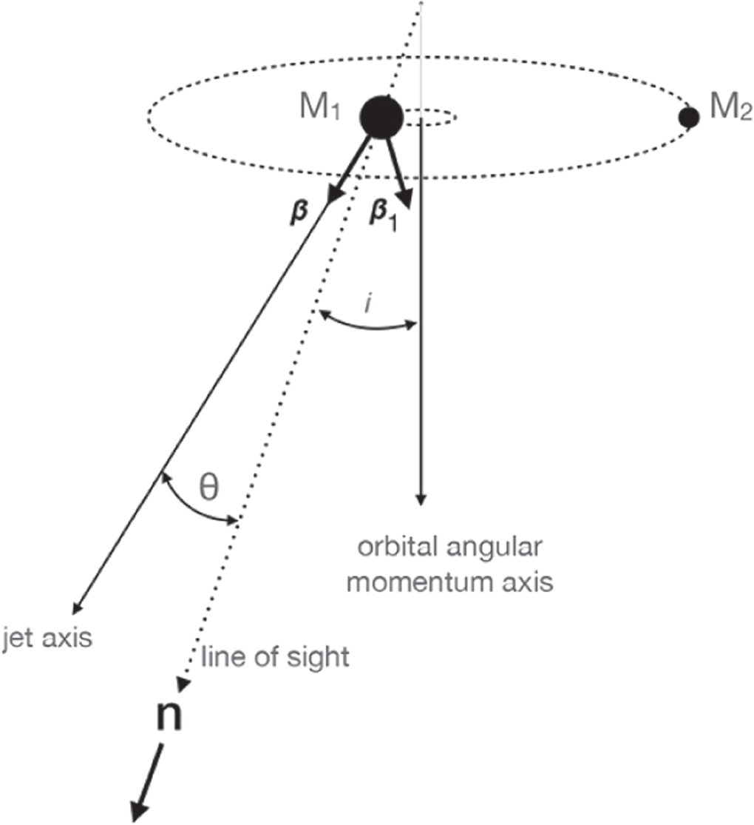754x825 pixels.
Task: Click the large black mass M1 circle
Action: pyautogui.click(x=381, y=117)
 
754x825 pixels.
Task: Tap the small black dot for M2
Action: pyautogui.click(x=689, y=116)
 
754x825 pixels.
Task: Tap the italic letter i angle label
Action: pyautogui.click(x=367, y=304)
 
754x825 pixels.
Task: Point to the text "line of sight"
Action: pyautogui.click(x=274, y=656)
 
